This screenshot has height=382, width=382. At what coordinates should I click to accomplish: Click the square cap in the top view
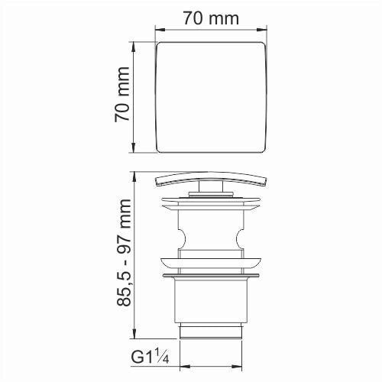212,98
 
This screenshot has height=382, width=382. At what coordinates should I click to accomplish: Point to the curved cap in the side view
212,179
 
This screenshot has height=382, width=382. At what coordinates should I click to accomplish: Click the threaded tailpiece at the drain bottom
212,331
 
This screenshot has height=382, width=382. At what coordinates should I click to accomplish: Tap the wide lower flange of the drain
212,271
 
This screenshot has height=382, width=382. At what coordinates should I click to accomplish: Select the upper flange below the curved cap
212,202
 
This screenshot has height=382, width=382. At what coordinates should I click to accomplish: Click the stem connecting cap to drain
212,190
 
